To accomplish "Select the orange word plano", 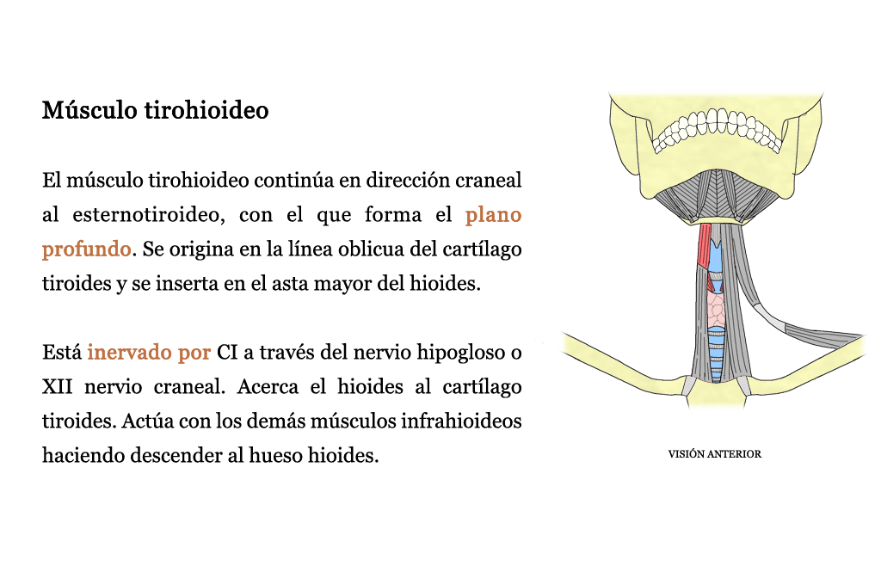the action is pos(493,215).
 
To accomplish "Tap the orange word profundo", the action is pos(87,249).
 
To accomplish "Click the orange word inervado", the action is pos(129,352).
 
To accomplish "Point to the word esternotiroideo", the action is pos(149,214).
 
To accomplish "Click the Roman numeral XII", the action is pos(58,387).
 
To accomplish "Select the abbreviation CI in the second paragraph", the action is pos(226,353).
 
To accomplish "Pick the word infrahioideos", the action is pos(461,421).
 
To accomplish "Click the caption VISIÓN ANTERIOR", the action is pos(715,453).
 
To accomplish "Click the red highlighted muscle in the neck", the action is pos(705,246).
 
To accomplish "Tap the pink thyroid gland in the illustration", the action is pos(716,310).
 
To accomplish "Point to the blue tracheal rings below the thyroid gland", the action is pos(716,354).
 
